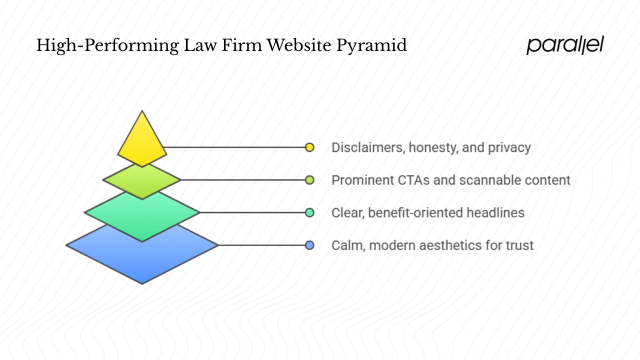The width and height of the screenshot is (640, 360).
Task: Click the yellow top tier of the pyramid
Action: tap(142, 142)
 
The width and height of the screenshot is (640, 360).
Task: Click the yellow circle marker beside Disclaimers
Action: tap(309, 147)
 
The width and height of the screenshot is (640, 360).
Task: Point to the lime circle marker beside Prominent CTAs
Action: tap(309, 180)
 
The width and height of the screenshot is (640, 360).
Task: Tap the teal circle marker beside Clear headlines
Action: tap(309, 212)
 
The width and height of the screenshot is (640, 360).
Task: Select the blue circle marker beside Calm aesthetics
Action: tap(309, 245)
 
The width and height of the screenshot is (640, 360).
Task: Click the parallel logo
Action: tap(565, 45)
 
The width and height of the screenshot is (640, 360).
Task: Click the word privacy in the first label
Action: tap(510, 148)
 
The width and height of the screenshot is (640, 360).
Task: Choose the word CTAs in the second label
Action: tap(412, 180)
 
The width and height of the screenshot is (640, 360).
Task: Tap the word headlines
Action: tap(495, 212)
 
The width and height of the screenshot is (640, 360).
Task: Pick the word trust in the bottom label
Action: tap(519, 245)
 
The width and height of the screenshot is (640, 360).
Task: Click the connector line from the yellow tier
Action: tap(235, 147)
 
